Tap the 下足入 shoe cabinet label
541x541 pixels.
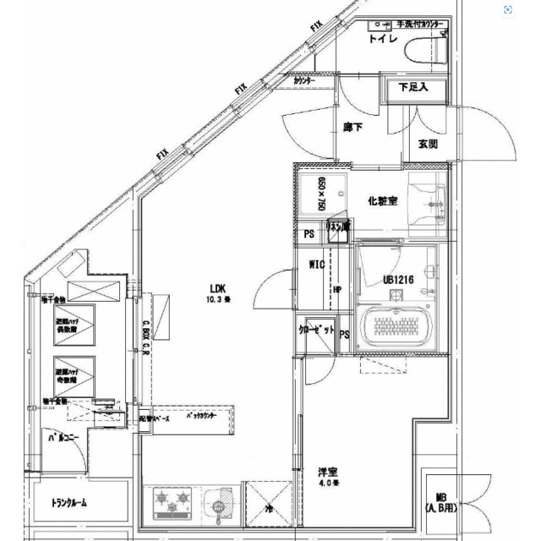click(x=414, y=86)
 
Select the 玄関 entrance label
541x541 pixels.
click(x=429, y=144)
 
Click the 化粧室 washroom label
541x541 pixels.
click(x=383, y=201)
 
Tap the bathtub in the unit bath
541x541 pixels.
click(x=396, y=326)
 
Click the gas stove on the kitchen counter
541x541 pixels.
click(x=173, y=504)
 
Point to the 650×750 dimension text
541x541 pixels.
click(x=321, y=194)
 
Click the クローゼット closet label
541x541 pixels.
click(x=317, y=329)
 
